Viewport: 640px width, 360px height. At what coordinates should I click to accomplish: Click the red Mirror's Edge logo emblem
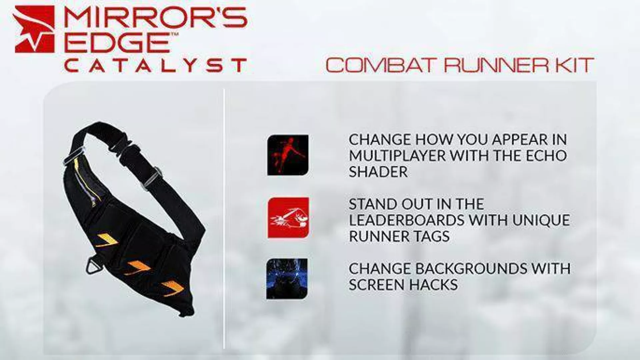pyautogui.click(x=35, y=29)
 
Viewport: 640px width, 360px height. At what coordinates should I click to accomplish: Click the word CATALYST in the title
pyautogui.click(x=155, y=65)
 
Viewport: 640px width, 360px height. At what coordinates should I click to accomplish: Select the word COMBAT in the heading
pyautogui.click(x=382, y=65)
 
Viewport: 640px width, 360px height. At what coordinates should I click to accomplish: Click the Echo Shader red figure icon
pyautogui.click(x=288, y=155)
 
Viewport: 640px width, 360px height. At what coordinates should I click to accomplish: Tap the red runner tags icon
pyautogui.click(x=288, y=218)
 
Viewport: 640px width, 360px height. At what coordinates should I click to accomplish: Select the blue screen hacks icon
pyautogui.click(x=287, y=279)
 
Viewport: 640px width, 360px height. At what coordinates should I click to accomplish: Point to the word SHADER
pyautogui.click(x=378, y=172)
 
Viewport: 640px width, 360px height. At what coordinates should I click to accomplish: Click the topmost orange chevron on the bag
pyautogui.click(x=106, y=239)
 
